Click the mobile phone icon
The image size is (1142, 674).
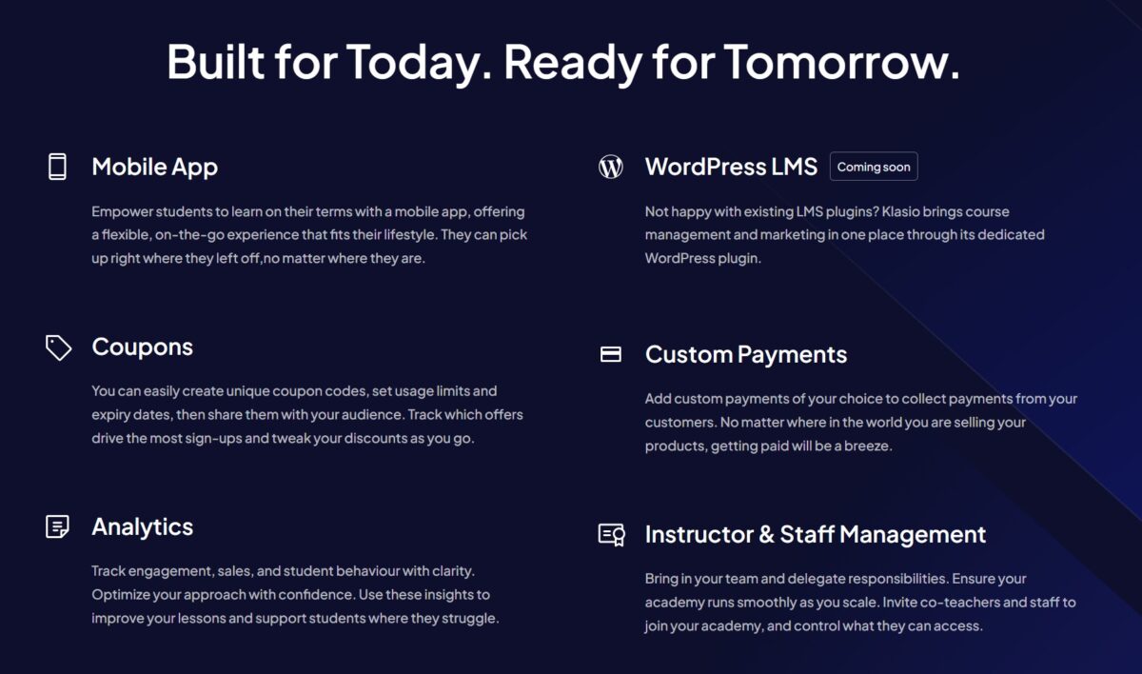click(x=57, y=167)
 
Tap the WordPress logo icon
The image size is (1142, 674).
click(x=610, y=167)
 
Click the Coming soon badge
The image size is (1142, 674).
click(x=874, y=167)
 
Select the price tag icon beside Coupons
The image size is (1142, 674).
click(x=58, y=347)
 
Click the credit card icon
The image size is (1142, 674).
click(x=610, y=354)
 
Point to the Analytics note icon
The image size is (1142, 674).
click(x=57, y=526)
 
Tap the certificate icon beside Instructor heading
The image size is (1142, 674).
click(x=611, y=535)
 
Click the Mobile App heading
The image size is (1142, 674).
click(x=154, y=168)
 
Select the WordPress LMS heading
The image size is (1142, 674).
click(x=731, y=167)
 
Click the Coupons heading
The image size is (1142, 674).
click(x=142, y=347)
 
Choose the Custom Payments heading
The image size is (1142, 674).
click(x=746, y=355)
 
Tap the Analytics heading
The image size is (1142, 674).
click(x=142, y=527)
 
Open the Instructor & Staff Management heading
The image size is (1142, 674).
click(x=816, y=534)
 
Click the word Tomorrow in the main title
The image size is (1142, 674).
click(x=841, y=62)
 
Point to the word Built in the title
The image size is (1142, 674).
click(x=216, y=62)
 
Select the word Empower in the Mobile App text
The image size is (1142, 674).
click(x=123, y=212)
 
